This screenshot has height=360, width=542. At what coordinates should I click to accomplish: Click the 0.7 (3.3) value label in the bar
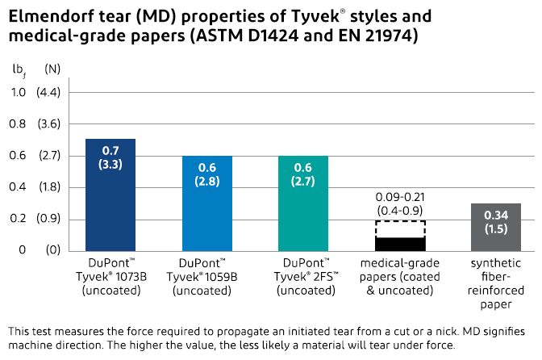tap(110, 157)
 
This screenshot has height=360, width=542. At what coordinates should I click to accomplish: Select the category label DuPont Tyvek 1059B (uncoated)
tap(206, 277)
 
